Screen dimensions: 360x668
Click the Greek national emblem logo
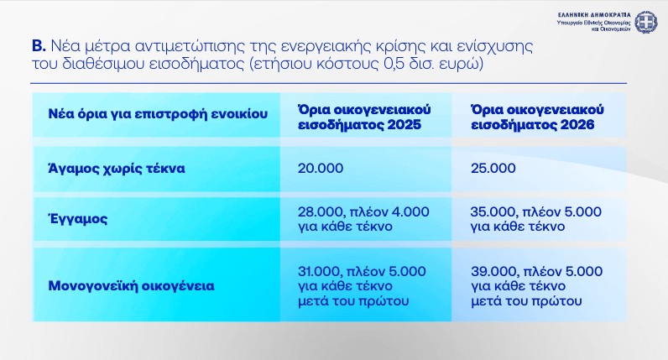[x=645, y=22]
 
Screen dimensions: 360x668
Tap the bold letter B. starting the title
[x=38, y=46]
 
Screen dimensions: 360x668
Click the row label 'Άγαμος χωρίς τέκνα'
[x=117, y=168]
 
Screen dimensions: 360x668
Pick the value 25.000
[x=493, y=168]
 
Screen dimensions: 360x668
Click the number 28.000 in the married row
[x=319, y=211]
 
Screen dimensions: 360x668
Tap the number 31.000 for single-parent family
[x=318, y=270]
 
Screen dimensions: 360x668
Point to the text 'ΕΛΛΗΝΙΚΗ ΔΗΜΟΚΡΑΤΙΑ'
[x=592, y=14]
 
